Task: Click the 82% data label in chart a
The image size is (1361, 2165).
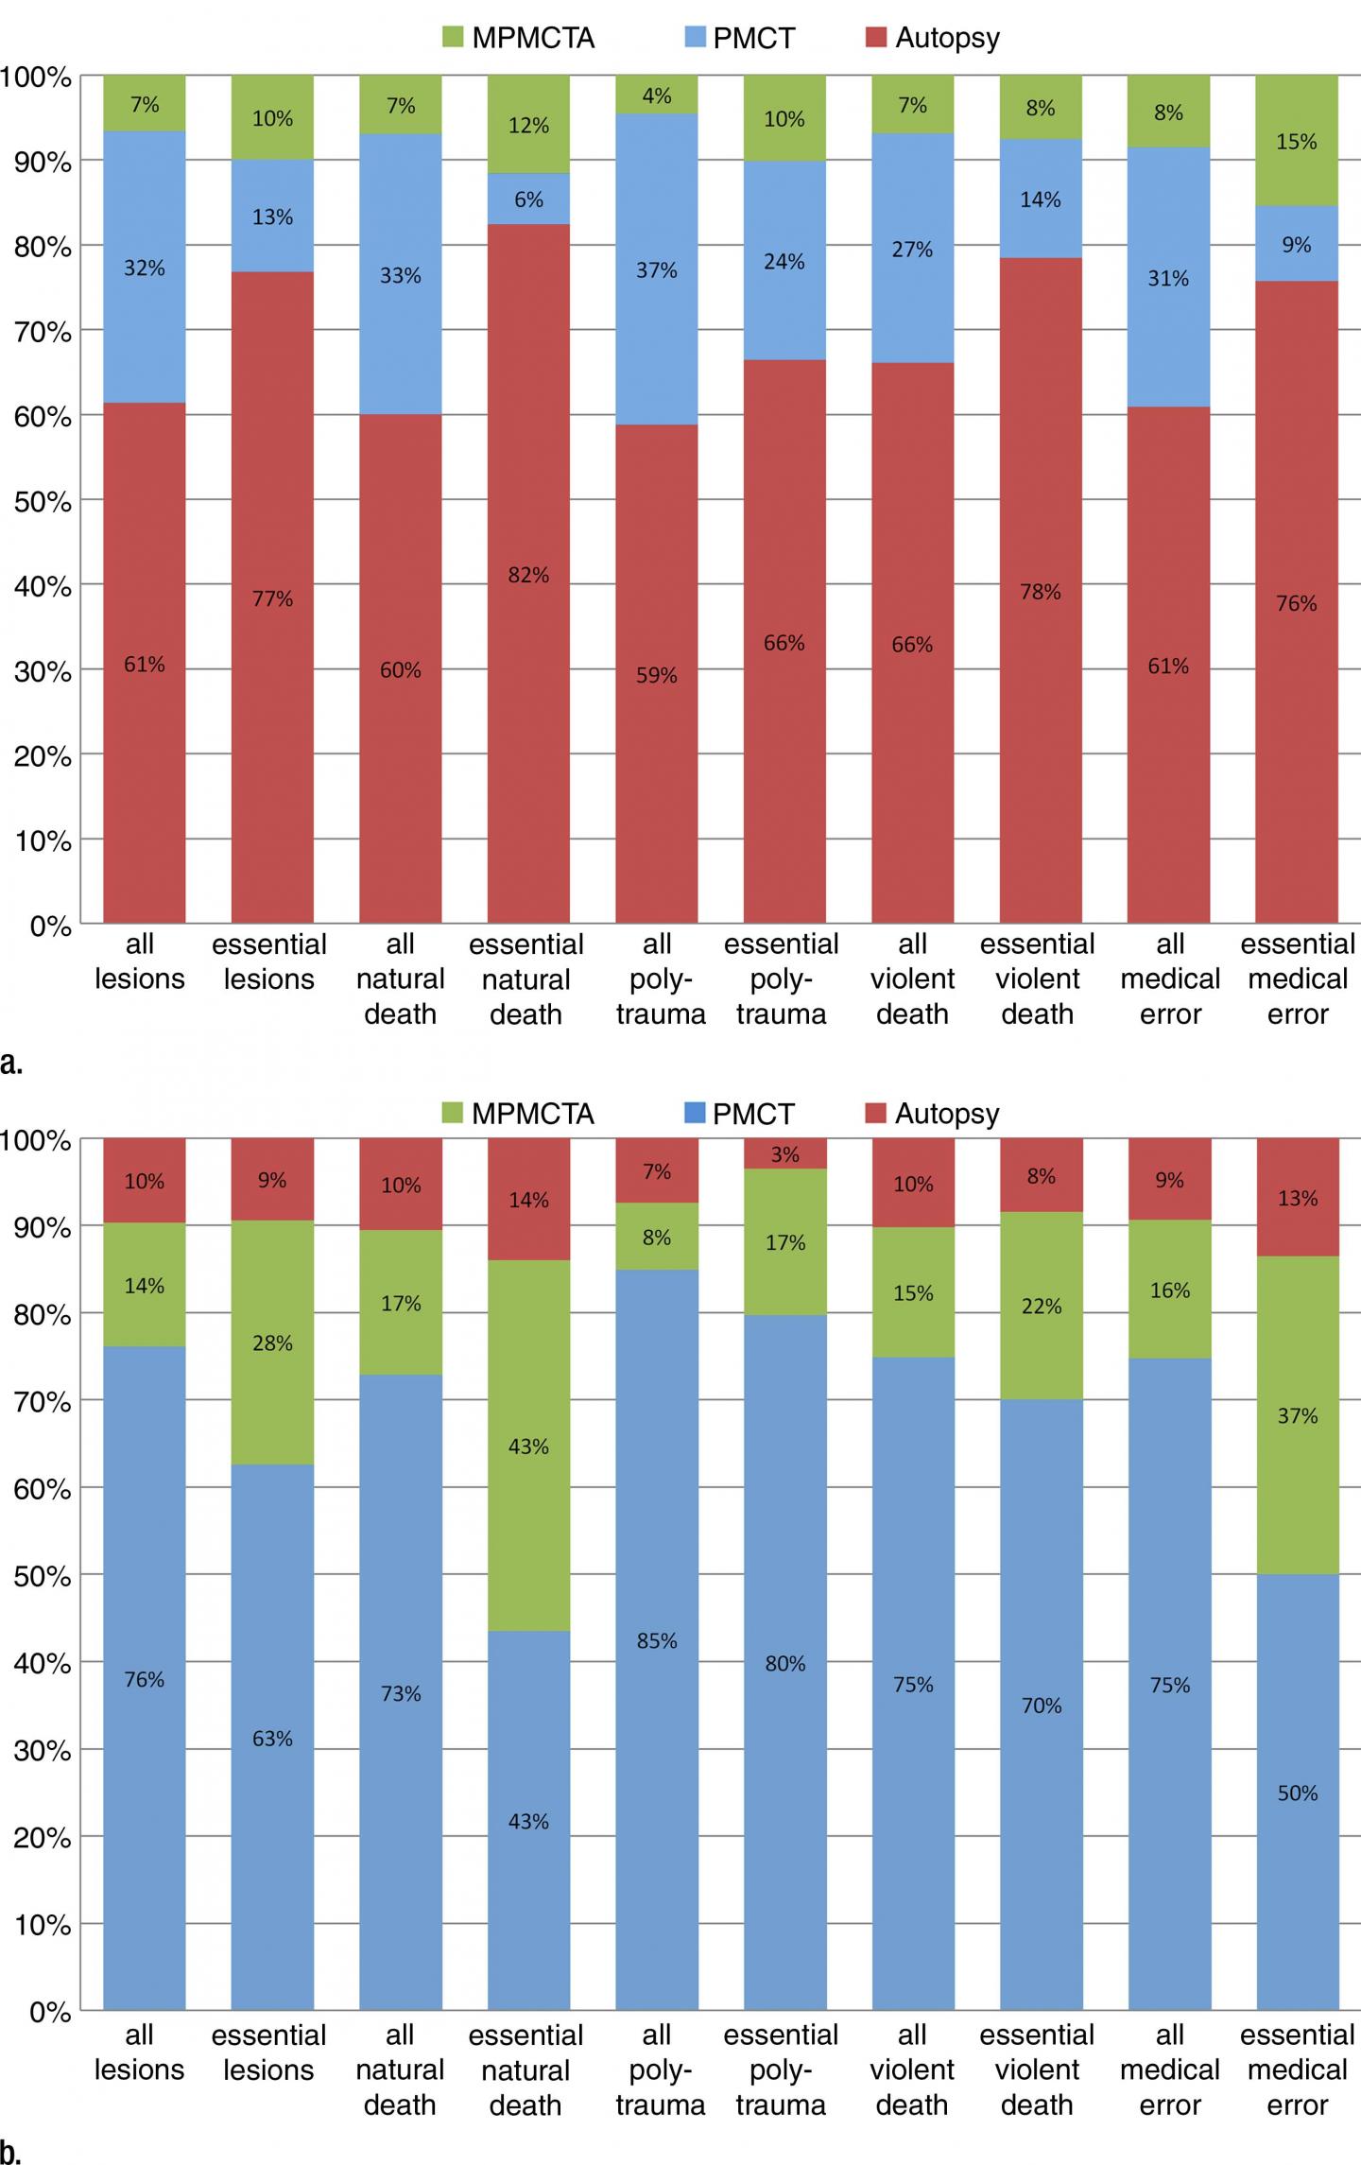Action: [x=527, y=575]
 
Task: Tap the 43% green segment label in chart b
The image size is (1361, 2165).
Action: [x=527, y=1446]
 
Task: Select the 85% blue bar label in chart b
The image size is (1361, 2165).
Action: [x=657, y=1640]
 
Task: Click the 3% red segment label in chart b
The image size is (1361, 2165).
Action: [x=784, y=1154]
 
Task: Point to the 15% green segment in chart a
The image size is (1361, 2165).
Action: [x=1296, y=142]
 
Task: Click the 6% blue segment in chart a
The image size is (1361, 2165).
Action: [x=528, y=199]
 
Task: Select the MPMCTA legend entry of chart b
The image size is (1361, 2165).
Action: [x=519, y=1114]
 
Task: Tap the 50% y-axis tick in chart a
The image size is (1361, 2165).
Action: [x=43, y=501]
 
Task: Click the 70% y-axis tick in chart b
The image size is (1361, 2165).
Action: [x=43, y=1401]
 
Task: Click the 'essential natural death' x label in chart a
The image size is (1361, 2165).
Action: [x=526, y=979]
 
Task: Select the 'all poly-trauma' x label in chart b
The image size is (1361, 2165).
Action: [x=660, y=2070]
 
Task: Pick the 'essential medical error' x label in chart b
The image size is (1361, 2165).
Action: [x=1297, y=2070]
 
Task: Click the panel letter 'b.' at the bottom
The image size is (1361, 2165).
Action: [x=11, y=2153]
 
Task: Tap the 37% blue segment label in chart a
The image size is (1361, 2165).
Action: [x=657, y=270]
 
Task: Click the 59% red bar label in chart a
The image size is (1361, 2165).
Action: [x=657, y=675]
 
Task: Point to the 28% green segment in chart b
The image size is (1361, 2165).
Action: [x=272, y=1343]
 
